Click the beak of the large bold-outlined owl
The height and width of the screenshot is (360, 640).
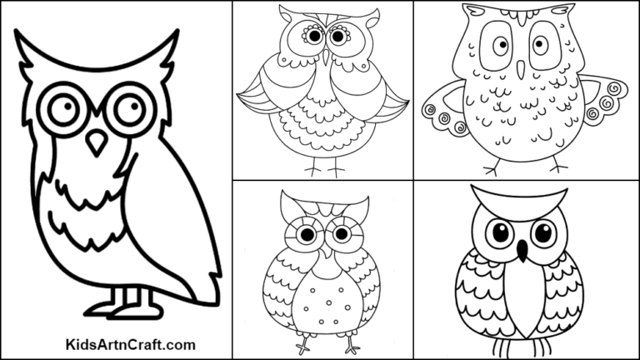[x=97, y=142]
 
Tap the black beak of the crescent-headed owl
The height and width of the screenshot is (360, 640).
[x=523, y=249]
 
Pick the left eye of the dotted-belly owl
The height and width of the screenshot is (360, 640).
[x=307, y=236]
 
